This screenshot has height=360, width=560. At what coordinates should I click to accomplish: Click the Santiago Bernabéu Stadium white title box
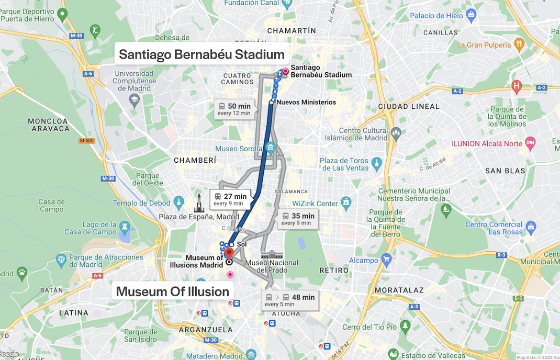pyautogui.click(x=201, y=54)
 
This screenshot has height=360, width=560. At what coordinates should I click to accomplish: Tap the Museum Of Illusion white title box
pyautogui.click(x=173, y=291)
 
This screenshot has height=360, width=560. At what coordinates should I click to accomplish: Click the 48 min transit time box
pyautogui.click(x=289, y=300)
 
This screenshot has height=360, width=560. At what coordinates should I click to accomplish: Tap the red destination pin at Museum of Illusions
pyautogui.click(x=229, y=253)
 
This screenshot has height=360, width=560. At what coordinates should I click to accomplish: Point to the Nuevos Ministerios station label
pyautogui.click(x=306, y=102)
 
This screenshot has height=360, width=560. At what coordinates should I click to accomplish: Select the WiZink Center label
pyautogui.click(x=315, y=203)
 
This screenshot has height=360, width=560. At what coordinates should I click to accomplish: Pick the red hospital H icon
pyautogui.click(x=517, y=85)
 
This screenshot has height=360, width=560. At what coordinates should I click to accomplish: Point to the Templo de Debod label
pyautogui.click(x=142, y=203)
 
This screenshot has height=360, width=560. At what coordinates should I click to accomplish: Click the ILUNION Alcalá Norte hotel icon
pyautogui.click(x=531, y=142)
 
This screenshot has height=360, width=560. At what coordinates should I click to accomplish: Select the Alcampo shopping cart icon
pyautogui.click(x=387, y=258)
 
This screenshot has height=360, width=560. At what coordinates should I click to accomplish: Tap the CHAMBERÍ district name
pyautogui.click(x=195, y=161)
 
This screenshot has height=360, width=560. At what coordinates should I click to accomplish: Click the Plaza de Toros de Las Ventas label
pyautogui.click(x=344, y=164)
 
